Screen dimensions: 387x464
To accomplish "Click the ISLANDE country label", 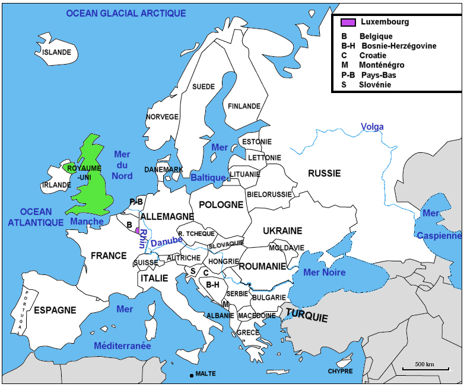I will [x=57, y=52].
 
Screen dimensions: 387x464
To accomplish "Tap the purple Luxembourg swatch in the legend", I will [x=348, y=23].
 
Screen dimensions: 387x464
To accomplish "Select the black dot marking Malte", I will [x=191, y=375].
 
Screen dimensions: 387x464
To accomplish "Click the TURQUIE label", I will [x=306, y=315].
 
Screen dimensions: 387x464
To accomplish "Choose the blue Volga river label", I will [x=373, y=127].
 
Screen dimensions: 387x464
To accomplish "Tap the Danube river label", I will [x=166, y=242].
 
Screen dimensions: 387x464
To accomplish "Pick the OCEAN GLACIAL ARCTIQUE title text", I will [x=126, y=13].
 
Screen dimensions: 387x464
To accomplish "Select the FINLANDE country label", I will [x=244, y=106].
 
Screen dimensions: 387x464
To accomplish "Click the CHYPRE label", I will [x=340, y=372].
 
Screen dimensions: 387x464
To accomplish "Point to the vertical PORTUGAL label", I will [x=20, y=310].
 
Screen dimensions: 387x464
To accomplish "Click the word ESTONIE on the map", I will [x=257, y=142].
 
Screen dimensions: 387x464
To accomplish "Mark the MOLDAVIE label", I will [x=287, y=248].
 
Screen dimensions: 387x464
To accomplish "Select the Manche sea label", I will [x=87, y=222].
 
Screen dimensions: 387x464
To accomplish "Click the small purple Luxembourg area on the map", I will [x=138, y=231].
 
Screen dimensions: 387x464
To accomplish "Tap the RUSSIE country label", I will [x=324, y=174].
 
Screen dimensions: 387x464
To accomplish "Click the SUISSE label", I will [x=146, y=263].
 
